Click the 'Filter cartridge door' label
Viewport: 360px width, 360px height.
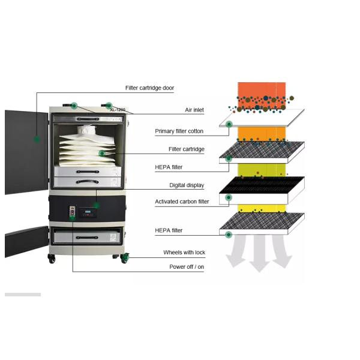[149, 88]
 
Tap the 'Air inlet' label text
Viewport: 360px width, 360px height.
[194, 110]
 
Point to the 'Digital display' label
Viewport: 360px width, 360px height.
[187, 185]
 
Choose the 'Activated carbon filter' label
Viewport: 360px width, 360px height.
[182, 202]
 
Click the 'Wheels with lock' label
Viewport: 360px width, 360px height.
[184, 253]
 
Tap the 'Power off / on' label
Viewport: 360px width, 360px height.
[187, 267]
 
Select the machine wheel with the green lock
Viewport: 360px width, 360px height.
[125, 259]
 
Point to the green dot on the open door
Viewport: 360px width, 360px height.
[37, 139]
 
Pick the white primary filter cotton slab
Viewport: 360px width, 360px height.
[262, 119]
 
